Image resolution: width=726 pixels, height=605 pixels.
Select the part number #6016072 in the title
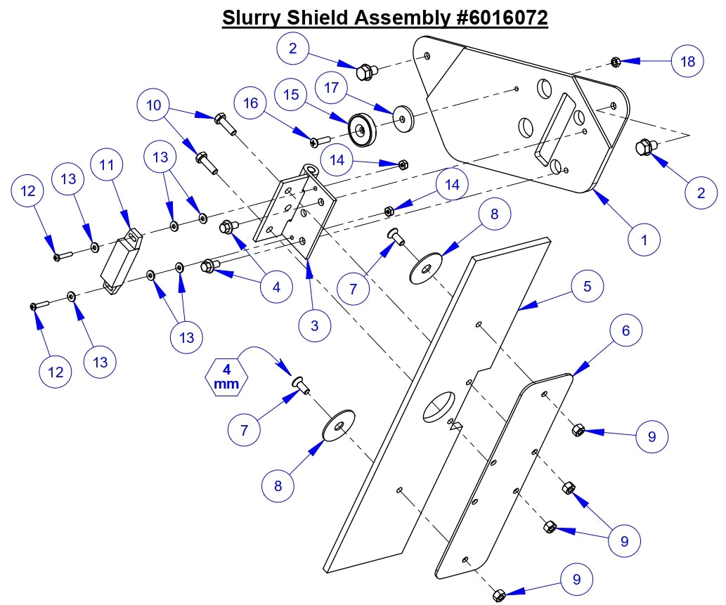tap(496, 18)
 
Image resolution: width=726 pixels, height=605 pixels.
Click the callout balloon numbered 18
tap(687, 62)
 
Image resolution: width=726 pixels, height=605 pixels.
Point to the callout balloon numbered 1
tap(644, 240)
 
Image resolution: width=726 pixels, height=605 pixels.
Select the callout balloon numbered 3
tap(314, 326)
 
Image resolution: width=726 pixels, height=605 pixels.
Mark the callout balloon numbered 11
tap(107, 166)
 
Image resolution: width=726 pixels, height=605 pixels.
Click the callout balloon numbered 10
tap(154, 106)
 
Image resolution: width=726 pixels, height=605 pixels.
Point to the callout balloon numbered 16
tap(250, 103)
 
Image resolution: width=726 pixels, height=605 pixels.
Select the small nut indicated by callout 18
tap(614, 63)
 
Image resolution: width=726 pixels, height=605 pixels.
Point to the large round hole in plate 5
tap(440, 405)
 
